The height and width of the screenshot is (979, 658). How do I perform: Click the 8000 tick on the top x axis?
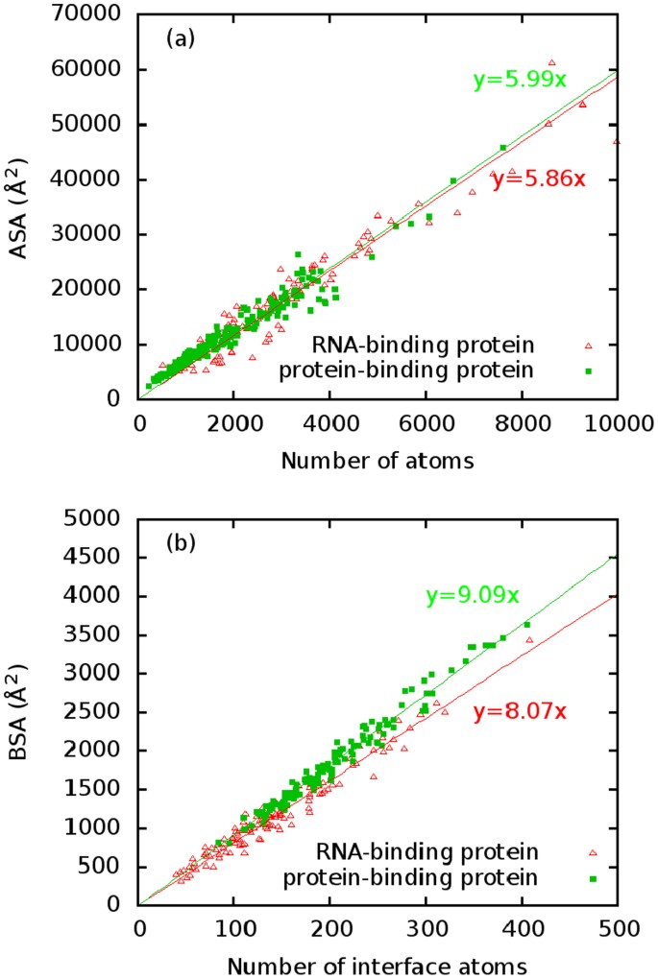(x=523, y=420)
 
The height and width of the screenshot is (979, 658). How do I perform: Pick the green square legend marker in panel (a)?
(x=589, y=370)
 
